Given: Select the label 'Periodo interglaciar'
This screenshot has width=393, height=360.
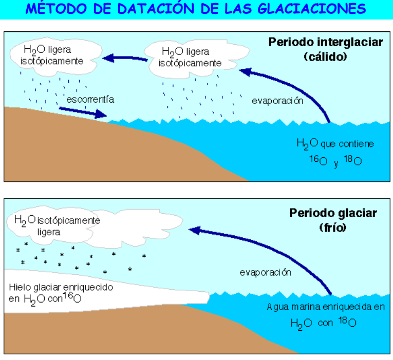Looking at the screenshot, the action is pos(325,43).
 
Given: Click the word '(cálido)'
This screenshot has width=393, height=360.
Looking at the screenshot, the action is pos(325,56).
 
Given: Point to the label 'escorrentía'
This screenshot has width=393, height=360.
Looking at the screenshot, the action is pos(89,99).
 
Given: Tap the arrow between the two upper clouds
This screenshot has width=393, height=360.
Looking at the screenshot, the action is pos(125,58).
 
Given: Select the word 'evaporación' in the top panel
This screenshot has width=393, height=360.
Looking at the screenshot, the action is pos(277,101).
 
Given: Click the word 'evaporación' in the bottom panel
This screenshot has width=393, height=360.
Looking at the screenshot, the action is pos(265,272).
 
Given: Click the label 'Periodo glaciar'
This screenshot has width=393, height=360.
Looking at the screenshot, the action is pos(333,213).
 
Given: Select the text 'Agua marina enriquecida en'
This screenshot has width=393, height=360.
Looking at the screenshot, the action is pos(326,307).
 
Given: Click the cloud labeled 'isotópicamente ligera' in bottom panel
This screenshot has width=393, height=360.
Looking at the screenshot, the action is pos(57,226).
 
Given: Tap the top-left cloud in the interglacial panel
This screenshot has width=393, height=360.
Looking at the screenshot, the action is pos(54,55).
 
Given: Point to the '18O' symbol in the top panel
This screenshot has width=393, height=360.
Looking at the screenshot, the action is pos(353,161).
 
